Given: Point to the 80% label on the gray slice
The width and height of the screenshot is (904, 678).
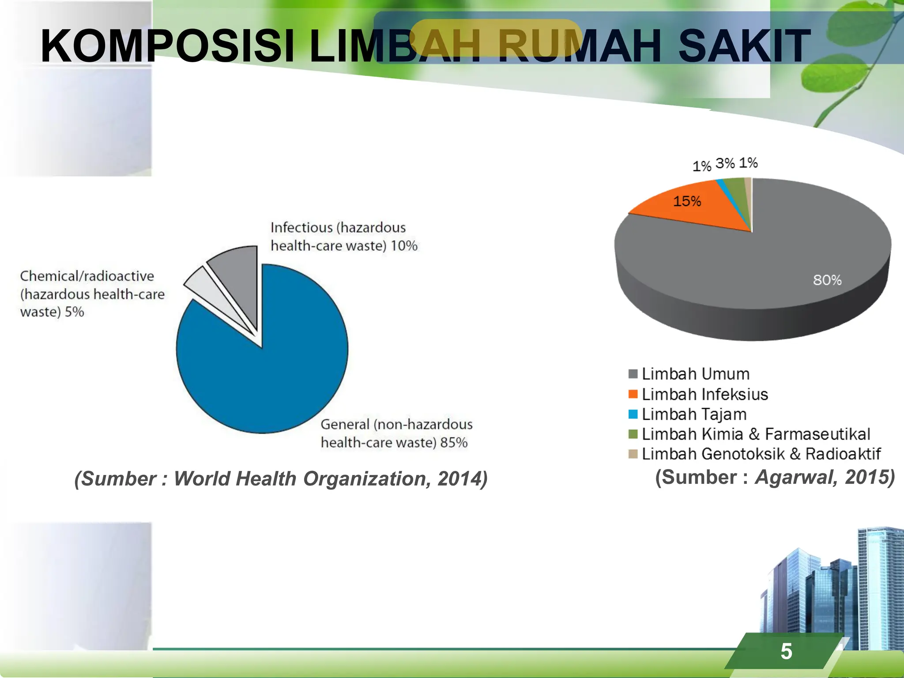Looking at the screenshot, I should click(827, 280).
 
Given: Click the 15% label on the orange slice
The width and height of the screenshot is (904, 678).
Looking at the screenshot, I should click(687, 201).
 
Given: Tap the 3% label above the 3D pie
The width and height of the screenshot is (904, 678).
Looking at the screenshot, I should click(725, 163).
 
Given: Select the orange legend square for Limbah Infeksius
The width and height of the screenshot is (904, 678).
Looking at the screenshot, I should click(633, 394).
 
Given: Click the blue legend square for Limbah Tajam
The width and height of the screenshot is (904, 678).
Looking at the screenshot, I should click(633, 414).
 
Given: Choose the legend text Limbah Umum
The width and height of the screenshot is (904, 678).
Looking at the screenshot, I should click(696, 374).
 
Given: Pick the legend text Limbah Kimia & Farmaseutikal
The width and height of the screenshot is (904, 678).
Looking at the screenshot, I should click(756, 434).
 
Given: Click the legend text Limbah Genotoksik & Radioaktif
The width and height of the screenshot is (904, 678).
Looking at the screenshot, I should click(761, 454).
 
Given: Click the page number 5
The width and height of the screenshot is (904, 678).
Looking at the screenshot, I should click(786, 652).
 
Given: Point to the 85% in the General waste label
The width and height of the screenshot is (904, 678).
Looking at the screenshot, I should click(454, 442).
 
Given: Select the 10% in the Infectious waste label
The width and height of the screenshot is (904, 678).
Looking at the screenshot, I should click(404, 245).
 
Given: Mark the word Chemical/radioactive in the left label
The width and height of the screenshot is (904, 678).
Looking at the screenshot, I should click(87, 276).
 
